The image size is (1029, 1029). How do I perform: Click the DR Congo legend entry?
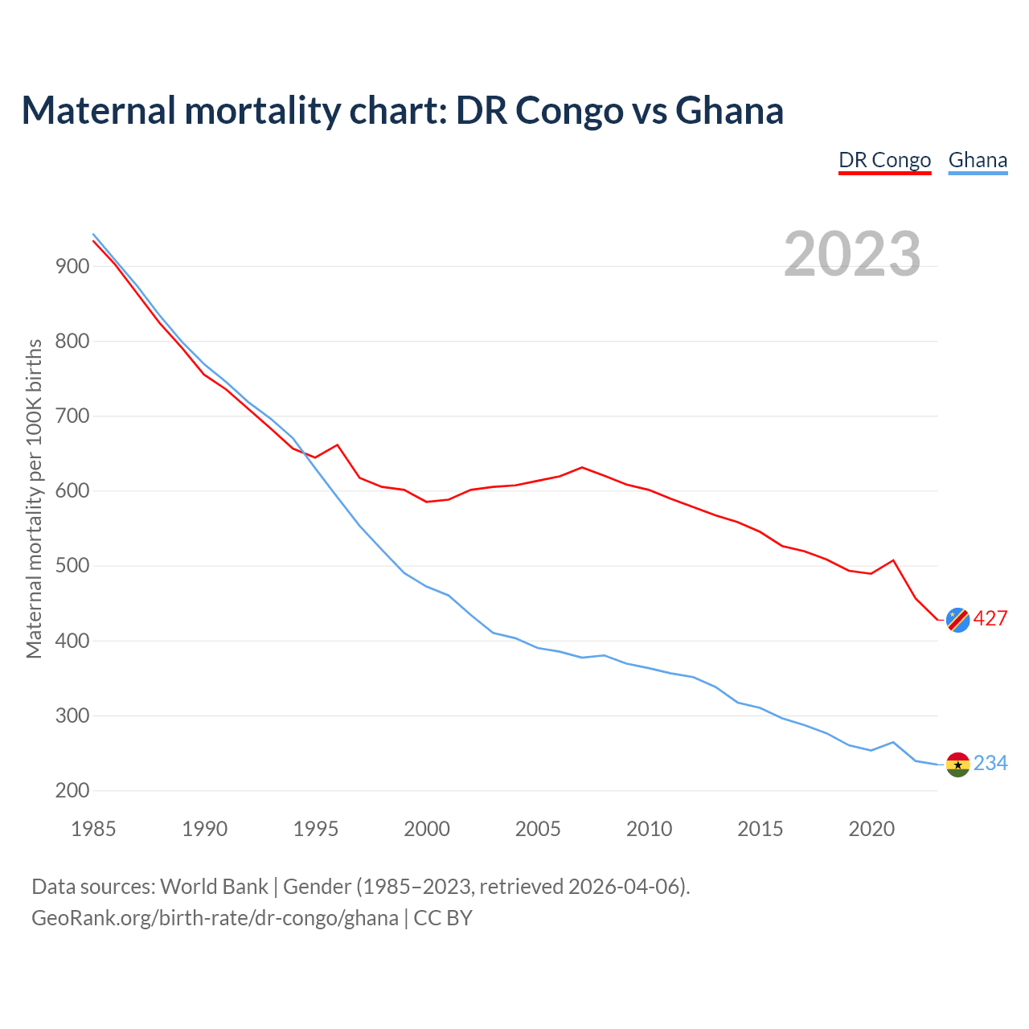coord(884,160)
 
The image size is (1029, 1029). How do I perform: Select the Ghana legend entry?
coord(978,160)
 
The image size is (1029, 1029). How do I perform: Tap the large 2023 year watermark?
coord(852,254)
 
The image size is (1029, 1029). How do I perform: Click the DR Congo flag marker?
coord(957,620)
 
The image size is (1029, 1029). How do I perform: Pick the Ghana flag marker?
coord(957,765)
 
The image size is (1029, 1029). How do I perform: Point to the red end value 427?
coord(990,619)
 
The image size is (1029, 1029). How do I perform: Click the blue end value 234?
coord(990,764)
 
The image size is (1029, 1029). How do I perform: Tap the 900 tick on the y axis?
coord(72,266)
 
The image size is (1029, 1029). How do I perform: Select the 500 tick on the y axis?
coord(72,566)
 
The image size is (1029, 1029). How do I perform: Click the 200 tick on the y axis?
coord(72,791)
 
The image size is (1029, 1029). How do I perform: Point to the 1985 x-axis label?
coord(93,829)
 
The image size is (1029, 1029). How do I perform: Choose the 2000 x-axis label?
coord(427,829)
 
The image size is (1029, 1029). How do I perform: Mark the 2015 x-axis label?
coord(760,829)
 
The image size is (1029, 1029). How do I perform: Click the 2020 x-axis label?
coord(871,829)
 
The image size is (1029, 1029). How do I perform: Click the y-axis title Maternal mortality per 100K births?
coord(34,498)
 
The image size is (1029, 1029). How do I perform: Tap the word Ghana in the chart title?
coord(729,111)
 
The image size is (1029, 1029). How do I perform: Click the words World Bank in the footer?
coord(214,887)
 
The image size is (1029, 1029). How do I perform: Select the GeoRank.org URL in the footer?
coord(215,918)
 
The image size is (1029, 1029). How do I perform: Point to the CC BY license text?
coord(443,918)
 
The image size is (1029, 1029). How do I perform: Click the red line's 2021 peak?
coord(893,560)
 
